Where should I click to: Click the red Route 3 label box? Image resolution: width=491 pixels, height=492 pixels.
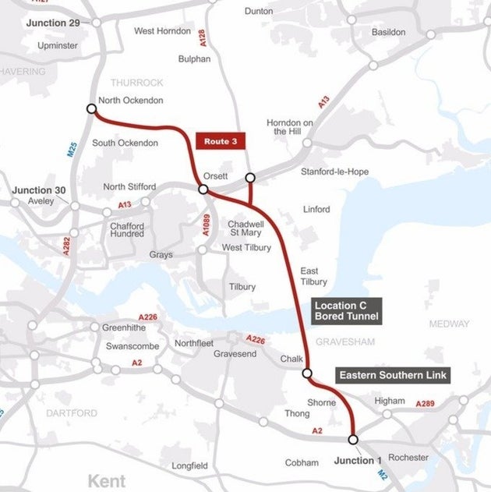click(x=221, y=141)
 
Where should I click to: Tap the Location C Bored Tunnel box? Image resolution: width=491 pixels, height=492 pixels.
click(x=346, y=310)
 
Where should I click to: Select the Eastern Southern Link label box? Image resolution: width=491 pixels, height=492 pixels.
click(x=393, y=375)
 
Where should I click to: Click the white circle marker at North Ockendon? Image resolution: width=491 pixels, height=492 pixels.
click(x=91, y=110)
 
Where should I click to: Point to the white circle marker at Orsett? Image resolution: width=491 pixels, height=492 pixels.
click(x=203, y=189)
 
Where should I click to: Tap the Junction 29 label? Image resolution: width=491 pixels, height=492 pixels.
click(x=52, y=23)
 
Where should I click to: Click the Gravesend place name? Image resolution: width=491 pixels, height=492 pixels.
click(x=235, y=354)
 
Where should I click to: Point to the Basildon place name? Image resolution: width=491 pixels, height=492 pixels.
click(x=388, y=32)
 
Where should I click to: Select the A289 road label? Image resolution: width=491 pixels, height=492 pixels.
click(x=425, y=404)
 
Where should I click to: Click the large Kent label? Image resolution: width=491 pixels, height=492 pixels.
click(x=107, y=480)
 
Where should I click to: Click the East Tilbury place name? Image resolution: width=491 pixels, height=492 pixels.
click(x=314, y=276)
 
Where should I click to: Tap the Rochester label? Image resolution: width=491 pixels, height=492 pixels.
click(x=408, y=457)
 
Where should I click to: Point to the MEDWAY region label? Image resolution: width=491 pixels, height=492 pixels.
click(x=449, y=324)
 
